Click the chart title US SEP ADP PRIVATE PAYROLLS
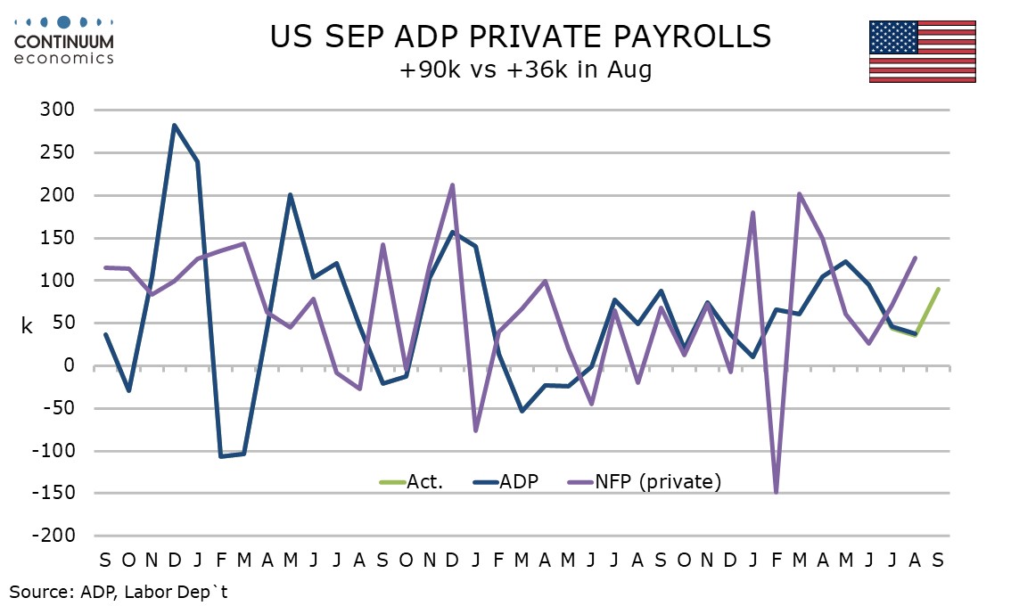521,37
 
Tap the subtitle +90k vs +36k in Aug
525,69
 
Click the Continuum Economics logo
64,41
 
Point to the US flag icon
922,52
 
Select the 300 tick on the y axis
57,109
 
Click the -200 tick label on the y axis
53,535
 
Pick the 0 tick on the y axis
70,365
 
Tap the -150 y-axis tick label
53,493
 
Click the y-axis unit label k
27,326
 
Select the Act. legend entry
411,481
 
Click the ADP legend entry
506,481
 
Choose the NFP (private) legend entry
645,481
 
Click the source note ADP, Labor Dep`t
119,592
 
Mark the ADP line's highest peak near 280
174,125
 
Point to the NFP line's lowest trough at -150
776,493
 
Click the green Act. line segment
926,311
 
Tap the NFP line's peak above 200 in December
452,185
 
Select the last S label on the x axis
938,560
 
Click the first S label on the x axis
105,560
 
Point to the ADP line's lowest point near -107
220,456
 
